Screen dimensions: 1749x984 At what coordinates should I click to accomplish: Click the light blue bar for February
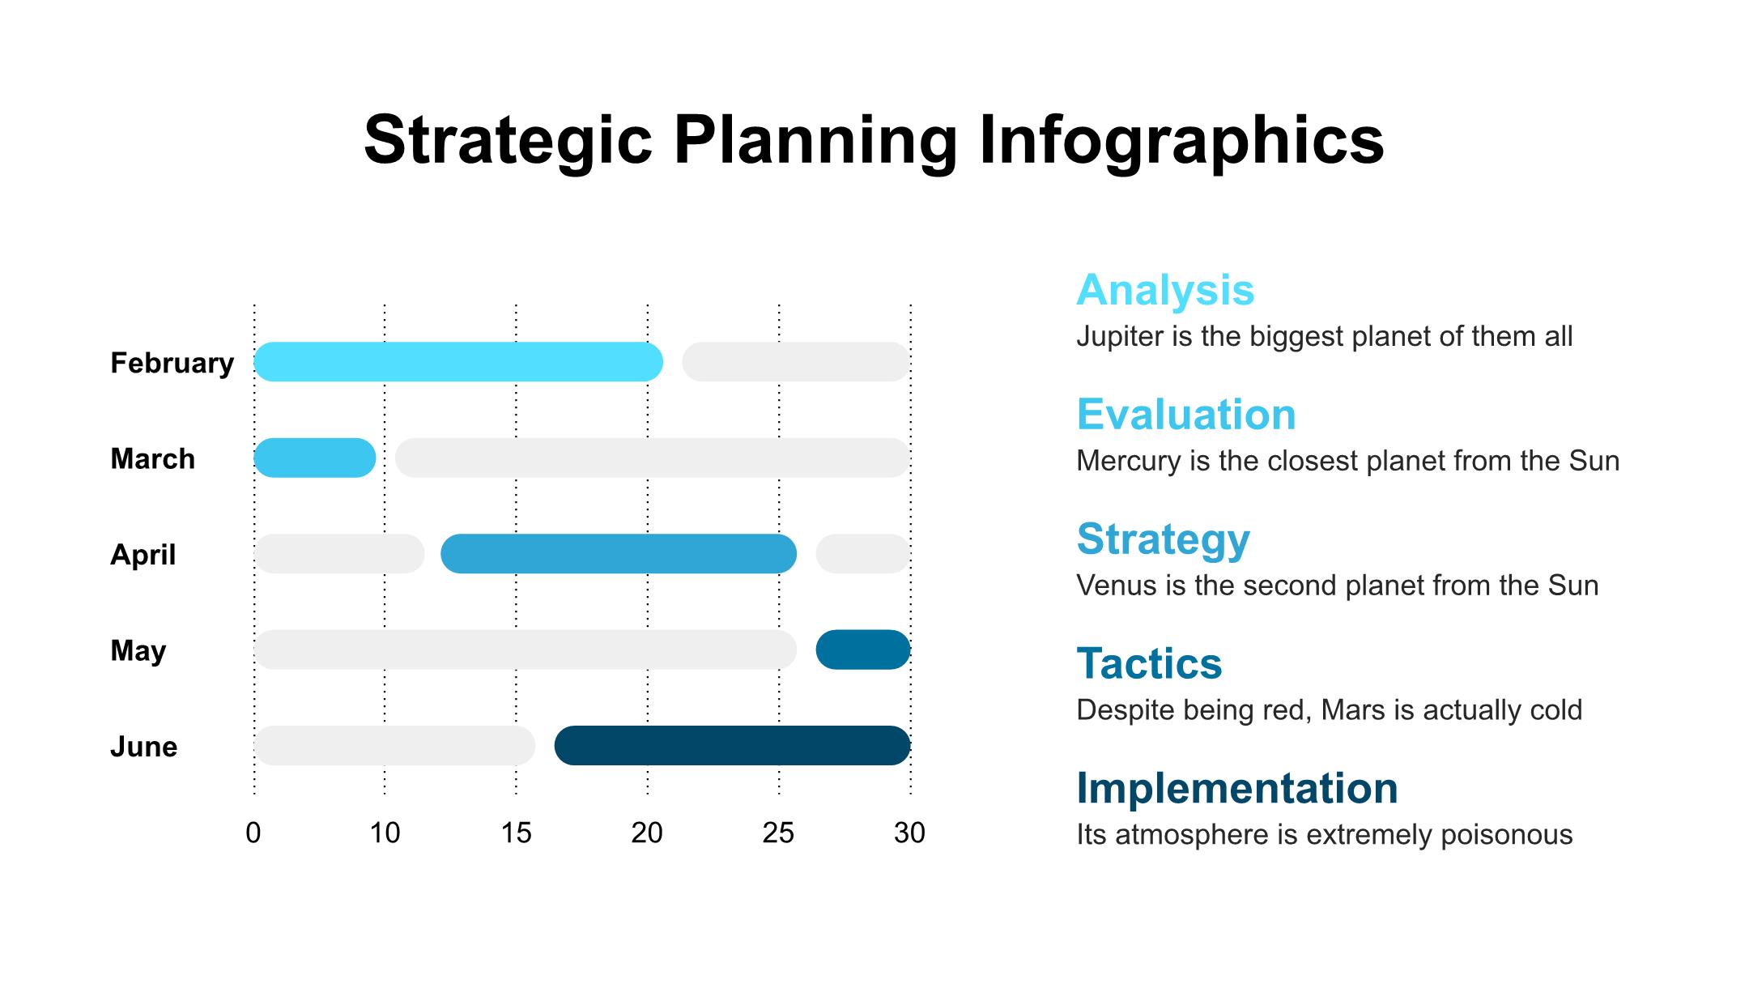(x=458, y=362)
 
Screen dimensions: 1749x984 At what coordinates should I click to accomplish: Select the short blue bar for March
(x=315, y=458)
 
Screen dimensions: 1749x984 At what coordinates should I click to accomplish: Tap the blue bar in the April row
(x=619, y=554)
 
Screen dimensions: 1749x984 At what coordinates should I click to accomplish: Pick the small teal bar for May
(x=863, y=650)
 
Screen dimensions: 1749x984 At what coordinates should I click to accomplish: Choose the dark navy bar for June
(x=733, y=745)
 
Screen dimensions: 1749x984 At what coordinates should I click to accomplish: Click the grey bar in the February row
(x=796, y=362)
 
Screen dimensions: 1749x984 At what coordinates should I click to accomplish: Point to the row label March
(x=152, y=458)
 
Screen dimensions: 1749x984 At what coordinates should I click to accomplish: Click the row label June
(x=143, y=746)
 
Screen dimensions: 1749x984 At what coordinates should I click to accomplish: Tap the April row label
(x=143, y=556)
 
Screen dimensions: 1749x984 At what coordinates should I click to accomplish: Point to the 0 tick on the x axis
(x=253, y=833)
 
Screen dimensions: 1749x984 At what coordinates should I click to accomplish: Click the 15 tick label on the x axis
(x=516, y=833)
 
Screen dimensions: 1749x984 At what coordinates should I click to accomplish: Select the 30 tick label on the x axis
(x=910, y=833)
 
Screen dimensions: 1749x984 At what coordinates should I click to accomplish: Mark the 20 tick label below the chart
(x=647, y=833)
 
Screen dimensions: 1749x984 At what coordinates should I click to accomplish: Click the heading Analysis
(x=1165, y=291)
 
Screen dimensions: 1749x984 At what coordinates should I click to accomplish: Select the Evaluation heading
(x=1186, y=415)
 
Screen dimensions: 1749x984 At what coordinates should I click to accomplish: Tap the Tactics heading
(x=1149, y=664)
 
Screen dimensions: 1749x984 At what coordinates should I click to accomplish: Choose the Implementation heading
(x=1237, y=789)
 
